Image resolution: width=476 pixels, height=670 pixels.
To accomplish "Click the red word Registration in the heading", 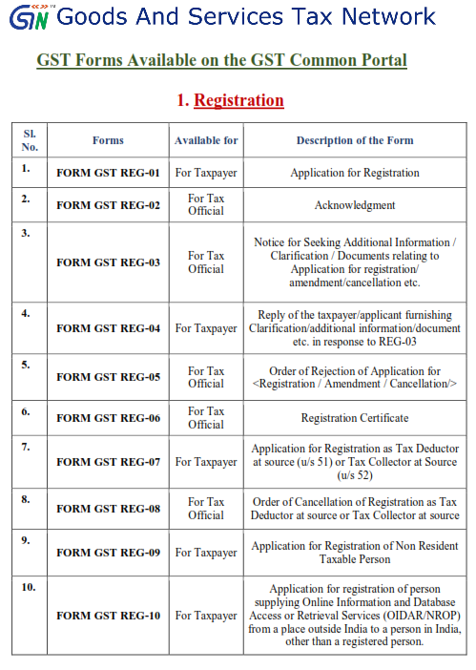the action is click(x=239, y=100).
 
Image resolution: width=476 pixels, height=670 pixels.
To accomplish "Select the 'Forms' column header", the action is click(x=108, y=140).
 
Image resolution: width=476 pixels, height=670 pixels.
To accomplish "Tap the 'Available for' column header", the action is click(x=206, y=140).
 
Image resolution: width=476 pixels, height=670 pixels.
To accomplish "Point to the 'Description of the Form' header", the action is click(x=355, y=140).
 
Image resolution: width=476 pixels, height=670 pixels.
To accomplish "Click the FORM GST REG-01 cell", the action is click(x=108, y=174).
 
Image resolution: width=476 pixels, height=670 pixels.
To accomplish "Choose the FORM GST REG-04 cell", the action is click(x=108, y=328).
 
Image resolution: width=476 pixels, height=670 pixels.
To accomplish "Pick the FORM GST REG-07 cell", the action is click(x=108, y=462).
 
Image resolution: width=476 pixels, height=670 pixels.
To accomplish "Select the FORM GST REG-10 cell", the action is click(x=108, y=616).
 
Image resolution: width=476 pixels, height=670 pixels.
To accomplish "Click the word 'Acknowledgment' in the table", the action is click(x=355, y=205).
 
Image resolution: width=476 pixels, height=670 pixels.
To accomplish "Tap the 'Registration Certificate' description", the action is click(x=355, y=418).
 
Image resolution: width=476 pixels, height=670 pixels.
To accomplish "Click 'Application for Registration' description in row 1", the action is click(x=355, y=173).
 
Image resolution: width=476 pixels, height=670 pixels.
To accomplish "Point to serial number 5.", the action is click(x=27, y=365).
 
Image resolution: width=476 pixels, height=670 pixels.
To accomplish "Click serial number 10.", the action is click(x=29, y=586).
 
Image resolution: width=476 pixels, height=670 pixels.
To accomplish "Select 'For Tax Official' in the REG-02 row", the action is click(x=206, y=205).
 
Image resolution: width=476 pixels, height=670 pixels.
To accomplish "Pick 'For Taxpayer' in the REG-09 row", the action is click(x=206, y=553).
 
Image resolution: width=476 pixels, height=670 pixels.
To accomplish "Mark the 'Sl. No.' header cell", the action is click(x=30, y=140).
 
